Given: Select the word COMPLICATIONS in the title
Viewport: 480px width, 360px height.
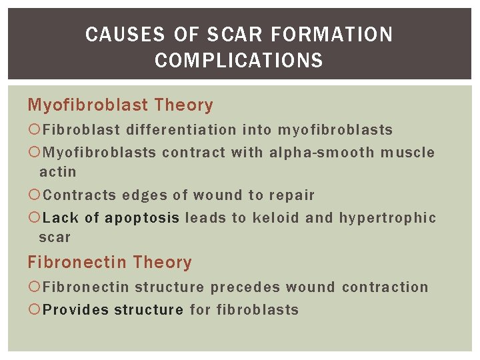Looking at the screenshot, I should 239,61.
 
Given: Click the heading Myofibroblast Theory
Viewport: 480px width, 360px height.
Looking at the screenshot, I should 120,105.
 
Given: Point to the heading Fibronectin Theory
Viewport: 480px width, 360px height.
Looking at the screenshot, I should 109,263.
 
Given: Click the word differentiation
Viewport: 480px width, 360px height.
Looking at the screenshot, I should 181,130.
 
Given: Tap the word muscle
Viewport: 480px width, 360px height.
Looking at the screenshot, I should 407,153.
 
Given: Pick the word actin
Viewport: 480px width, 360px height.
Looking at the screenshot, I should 58,172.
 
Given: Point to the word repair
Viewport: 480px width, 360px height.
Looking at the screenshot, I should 292,195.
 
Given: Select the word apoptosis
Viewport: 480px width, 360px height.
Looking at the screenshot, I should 142,218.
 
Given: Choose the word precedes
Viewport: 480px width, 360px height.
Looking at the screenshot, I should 245,287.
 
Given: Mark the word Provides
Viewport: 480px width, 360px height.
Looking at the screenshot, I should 76,310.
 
